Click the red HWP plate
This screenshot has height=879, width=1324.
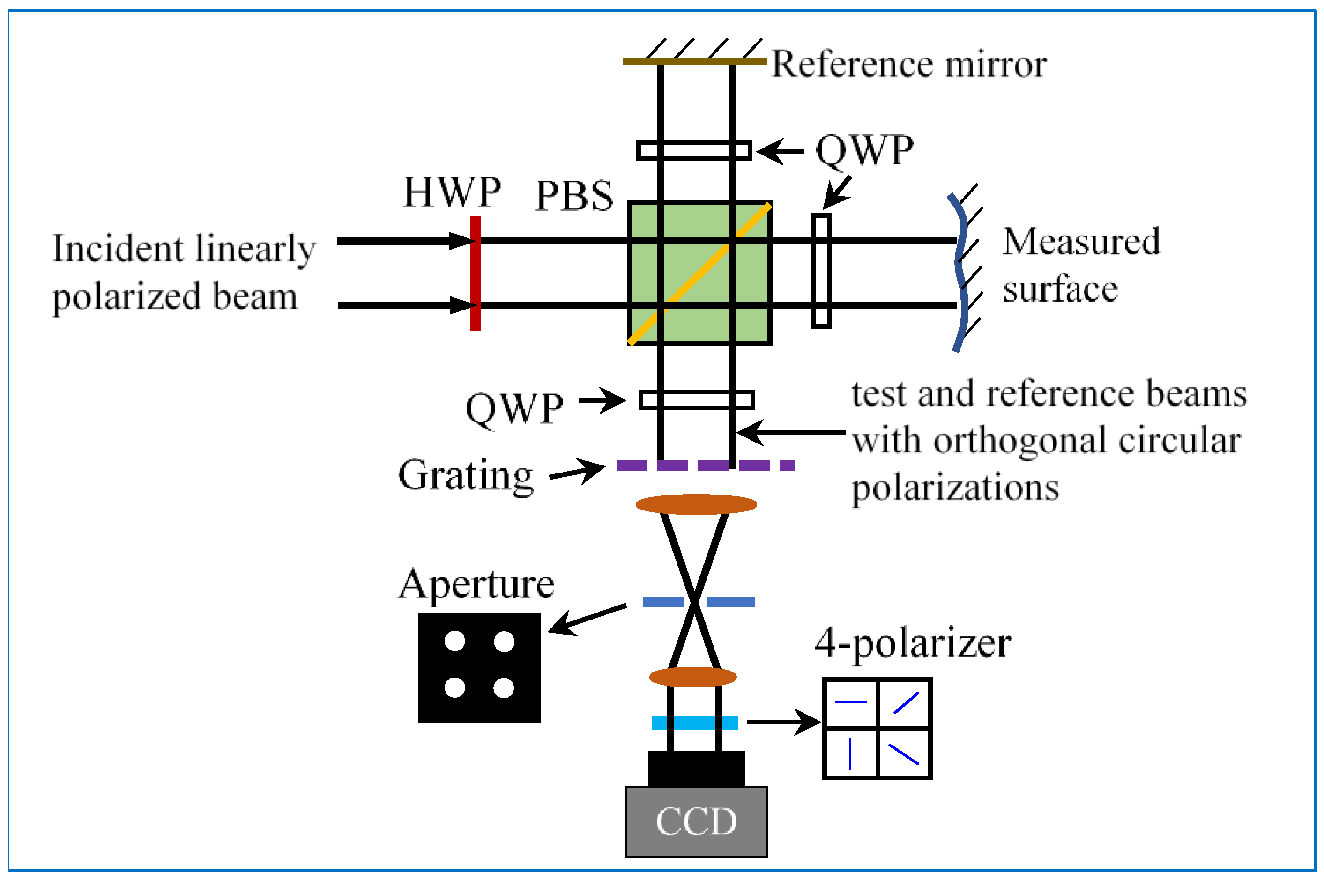point(476,273)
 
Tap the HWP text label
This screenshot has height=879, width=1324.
point(452,192)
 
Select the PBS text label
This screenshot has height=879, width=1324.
point(574,196)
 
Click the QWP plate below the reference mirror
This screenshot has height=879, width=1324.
point(694,150)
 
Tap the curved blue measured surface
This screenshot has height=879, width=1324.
point(960,273)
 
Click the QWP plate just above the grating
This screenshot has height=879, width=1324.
point(697,400)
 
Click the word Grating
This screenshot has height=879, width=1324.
point(465,475)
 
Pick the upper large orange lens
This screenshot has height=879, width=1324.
point(696,504)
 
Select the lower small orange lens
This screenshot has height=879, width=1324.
point(692,677)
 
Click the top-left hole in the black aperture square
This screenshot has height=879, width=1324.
point(454,641)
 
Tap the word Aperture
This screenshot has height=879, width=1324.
point(476,585)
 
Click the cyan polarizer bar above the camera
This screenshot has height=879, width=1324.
point(694,723)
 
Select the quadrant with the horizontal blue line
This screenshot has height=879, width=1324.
point(850,703)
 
